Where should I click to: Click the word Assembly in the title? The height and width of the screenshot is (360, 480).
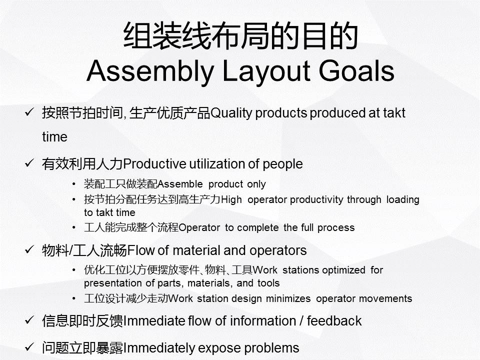(x=150, y=71)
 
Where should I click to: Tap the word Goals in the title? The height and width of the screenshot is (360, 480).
(x=356, y=70)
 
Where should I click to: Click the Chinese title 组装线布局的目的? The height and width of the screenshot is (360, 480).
(x=240, y=35)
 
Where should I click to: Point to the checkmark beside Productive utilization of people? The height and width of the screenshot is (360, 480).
(x=29, y=163)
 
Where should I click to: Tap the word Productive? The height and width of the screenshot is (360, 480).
(x=154, y=164)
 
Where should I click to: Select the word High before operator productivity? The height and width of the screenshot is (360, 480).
(x=231, y=199)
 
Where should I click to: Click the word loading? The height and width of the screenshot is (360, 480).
(x=402, y=199)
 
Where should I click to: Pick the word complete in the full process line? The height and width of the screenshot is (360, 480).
(x=258, y=228)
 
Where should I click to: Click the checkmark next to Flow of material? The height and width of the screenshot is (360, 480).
(x=29, y=250)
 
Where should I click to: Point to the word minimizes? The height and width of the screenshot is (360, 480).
(x=288, y=298)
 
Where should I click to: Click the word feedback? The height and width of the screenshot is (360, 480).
(x=334, y=321)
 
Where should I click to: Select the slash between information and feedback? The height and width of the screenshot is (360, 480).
(x=301, y=321)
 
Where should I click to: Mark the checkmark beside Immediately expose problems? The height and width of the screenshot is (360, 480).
(x=29, y=347)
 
